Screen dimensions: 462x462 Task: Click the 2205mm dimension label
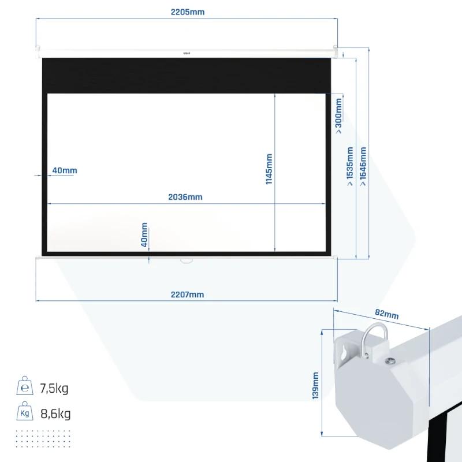[x=187, y=12]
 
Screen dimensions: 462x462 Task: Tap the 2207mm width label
[x=187, y=295]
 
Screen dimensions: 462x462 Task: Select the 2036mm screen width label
[x=185, y=197]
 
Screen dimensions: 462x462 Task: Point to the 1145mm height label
[x=269, y=169]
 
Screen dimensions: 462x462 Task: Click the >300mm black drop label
[x=338, y=116]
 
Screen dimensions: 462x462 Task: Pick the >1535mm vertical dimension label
[x=350, y=166]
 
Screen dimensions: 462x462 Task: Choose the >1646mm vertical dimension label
[x=363, y=166]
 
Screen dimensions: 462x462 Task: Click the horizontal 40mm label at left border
[x=65, y=170]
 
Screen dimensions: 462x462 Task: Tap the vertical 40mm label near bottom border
[x=144, y=235]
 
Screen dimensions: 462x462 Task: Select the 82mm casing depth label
[x=386, y=314]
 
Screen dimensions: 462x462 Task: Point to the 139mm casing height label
[x=315, y=386]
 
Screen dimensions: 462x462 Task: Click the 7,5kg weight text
[x=54, y=388]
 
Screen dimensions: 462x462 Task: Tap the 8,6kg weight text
[x=55, y=413]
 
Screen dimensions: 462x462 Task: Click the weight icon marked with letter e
[x=25, y=385]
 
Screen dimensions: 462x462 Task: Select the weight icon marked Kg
[x=25, y=411]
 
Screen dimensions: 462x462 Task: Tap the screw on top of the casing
[x=391, y=360]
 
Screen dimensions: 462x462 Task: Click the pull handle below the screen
[x=186, y=260]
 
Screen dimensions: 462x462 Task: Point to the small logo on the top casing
[x=187, y=53]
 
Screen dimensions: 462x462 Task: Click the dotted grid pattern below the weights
[x=43, y=439]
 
